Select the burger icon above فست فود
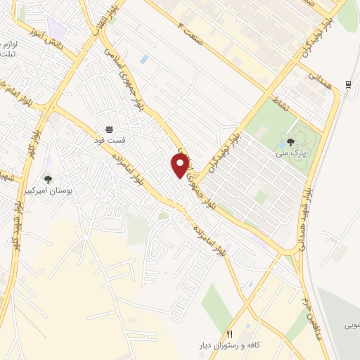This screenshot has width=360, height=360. (x=109, y=129)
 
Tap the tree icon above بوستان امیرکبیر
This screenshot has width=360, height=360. (x=48, y=179)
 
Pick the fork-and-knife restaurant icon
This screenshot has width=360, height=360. (x=229, y=333)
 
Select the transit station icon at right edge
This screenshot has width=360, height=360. (x=348, y=85)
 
